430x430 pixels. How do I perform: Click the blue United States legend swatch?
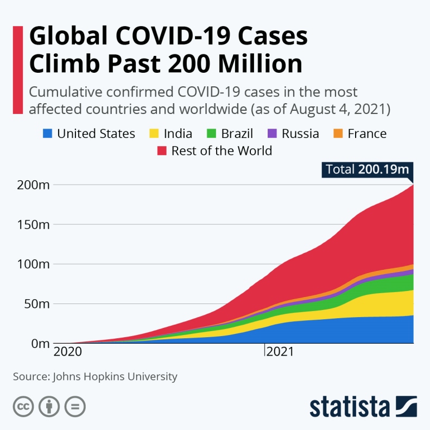click(x=47, y=134)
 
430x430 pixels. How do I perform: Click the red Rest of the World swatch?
click(x=161, y=150)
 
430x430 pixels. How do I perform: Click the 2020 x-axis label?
click(x=68, y=352)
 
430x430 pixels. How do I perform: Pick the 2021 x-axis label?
click(x=280, y=352)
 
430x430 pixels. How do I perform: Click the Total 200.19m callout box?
click(x=368, y=169)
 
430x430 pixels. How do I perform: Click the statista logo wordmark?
click(x=350, y=406)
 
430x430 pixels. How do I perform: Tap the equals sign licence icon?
click(x=75, y=406)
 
